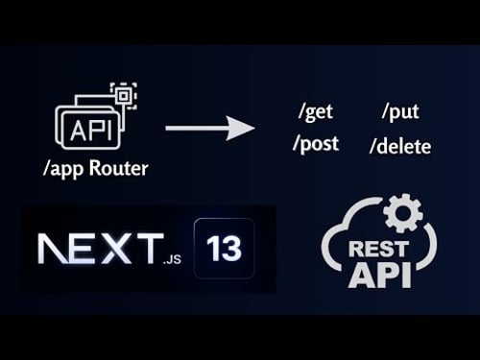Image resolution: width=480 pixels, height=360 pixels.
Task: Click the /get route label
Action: [x=316, y=111]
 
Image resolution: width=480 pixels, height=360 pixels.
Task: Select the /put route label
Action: [x=399, y=111]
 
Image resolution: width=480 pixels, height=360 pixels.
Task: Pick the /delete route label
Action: [x=399, y=147]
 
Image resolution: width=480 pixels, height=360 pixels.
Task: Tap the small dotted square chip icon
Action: [x=122, y=95]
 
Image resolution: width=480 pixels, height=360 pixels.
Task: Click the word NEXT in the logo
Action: [x=96, y=249]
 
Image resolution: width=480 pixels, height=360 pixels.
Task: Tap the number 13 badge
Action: [x=223, y=248]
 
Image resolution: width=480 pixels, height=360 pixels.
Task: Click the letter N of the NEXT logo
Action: [x=53, y=249]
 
